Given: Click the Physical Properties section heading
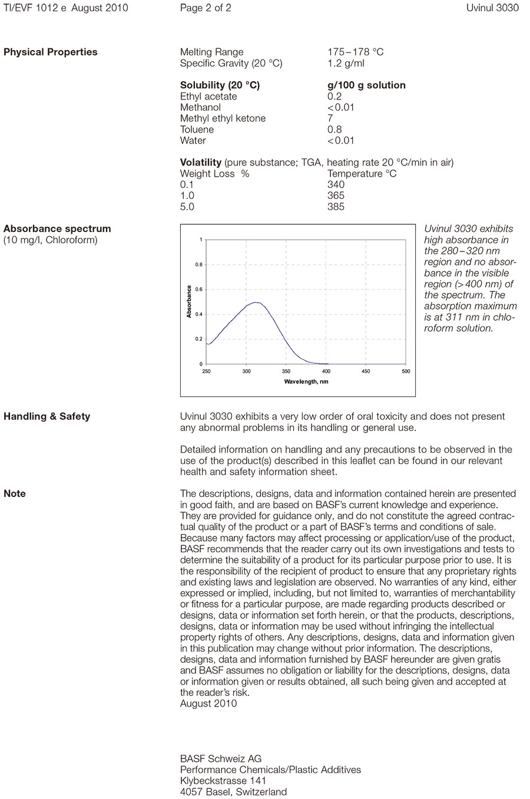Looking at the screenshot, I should click(51, 52).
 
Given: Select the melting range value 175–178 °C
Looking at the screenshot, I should click(355, 52).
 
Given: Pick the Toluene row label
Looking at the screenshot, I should click(197, 130).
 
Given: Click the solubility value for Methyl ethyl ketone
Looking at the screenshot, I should click(330, 118).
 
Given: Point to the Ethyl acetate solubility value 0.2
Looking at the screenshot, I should click(334, 97).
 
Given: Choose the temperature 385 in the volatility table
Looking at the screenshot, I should click(336, 207).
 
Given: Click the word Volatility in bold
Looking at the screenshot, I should click(201, 163).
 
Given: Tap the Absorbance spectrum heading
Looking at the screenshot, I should click(57, 228).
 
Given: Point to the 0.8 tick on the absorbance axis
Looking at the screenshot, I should click(199, 265).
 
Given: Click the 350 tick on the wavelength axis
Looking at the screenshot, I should click(286, 372).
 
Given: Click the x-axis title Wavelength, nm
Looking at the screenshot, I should click(306, 382).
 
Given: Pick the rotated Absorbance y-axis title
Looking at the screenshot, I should click(189, 301).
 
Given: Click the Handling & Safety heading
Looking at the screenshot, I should click(47, 416).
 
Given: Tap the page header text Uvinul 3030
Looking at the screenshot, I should click(492, 8).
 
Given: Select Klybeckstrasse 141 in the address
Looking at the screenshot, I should click(223, 781).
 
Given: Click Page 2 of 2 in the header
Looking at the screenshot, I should click(206, 8).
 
